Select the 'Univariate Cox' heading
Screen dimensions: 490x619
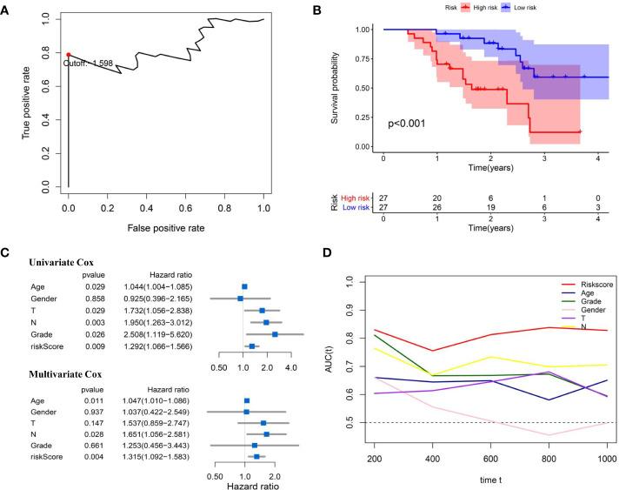(x=58, y=261)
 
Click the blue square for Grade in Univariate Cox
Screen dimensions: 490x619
(x=275, y=333)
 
